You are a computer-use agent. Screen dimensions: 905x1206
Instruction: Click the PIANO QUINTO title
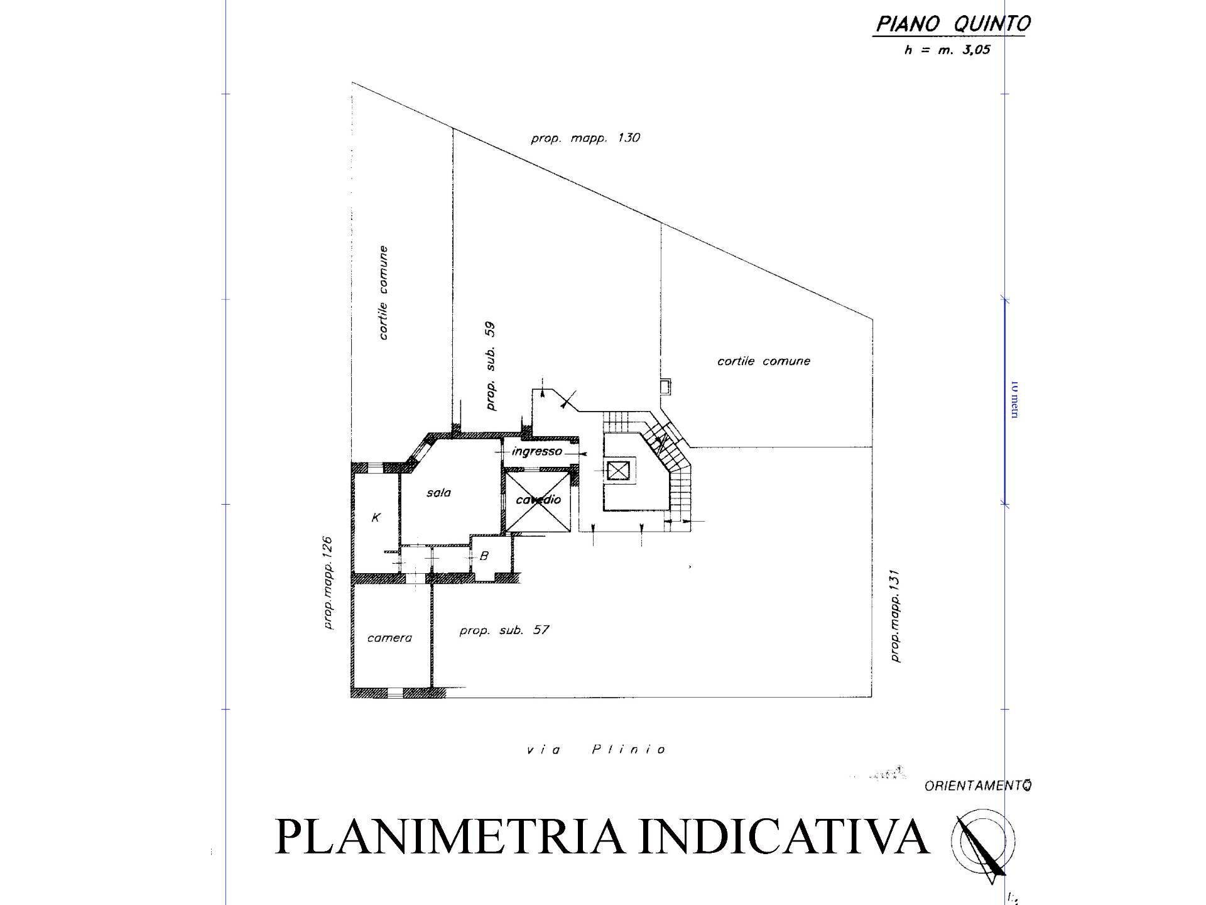pyautogui.click(x=953, y=24)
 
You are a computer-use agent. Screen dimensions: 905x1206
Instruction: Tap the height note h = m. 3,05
pyautogui.click(x=947, y=50)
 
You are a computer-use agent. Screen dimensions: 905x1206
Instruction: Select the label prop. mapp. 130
pyautogui.click(x=585, y=138)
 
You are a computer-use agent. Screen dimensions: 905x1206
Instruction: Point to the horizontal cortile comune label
pyautogui.click(x=763, y=361)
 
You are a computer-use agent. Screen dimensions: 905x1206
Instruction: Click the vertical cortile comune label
pyautogui.click(x=383, y=293)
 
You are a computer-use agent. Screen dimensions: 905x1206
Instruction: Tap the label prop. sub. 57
pyautogui.click(x=504, y=630)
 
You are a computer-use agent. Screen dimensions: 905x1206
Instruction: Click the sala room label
pyautogui.click(x=438, y=493)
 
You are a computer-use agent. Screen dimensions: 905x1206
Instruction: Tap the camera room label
pyautogui.click(x=389, y=638)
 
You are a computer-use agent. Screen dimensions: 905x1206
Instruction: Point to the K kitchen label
pyautogui.click(x=376, y=518)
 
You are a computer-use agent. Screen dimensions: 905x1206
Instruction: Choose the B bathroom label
pyautogui.click(x=484, y=556)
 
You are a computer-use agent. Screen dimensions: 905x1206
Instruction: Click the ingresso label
pyautogui.click(x=537, y=451)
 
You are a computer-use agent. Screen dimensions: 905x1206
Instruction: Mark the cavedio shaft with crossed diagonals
pyautogui.click(x=538, y=501)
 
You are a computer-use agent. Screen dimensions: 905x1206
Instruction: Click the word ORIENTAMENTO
pyautogui.click(x=978, y=786)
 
